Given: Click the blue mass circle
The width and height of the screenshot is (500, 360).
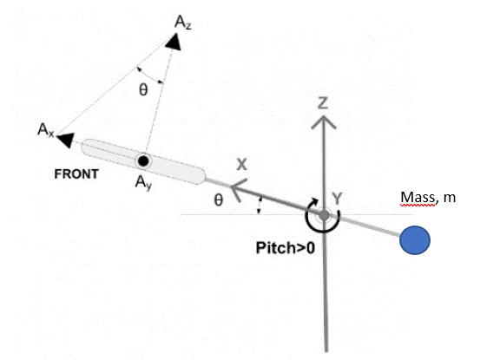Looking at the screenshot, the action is (415, 240).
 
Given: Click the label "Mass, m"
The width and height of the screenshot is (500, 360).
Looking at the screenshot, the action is (428, 198).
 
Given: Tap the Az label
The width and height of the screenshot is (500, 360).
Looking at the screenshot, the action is (183, 23).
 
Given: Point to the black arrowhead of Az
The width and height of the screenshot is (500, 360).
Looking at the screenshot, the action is (174, 42).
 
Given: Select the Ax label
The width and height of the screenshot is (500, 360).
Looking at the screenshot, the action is (46, 130).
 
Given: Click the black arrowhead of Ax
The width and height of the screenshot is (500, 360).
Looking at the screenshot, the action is (65, 141).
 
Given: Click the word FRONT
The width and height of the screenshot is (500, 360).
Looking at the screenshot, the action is (76, 174).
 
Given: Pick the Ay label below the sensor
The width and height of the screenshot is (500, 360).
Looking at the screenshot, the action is (143, 183).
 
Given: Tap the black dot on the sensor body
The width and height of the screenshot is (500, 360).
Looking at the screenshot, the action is (143, 161).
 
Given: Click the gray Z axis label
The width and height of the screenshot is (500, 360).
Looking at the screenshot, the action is (323, 103).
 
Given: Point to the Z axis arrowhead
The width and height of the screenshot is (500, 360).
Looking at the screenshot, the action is (324, 122).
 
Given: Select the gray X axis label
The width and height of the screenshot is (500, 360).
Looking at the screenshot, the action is (241, 165).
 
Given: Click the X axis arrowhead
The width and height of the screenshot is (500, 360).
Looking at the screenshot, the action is (239, 190).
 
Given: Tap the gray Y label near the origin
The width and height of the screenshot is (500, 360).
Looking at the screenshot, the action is (337, 199).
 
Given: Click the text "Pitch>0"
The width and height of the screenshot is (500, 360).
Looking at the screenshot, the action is (285, 248).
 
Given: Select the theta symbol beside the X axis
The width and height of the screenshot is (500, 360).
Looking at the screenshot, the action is (219, 200).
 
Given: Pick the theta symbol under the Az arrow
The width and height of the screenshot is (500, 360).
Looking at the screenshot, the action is (143, 90).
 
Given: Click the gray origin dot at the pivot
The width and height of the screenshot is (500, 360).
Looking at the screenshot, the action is (325, 215).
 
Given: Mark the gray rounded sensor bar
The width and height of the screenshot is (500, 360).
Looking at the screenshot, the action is (143, 161).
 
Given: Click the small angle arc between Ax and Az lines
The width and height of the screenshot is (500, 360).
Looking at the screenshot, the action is (149, 77).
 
